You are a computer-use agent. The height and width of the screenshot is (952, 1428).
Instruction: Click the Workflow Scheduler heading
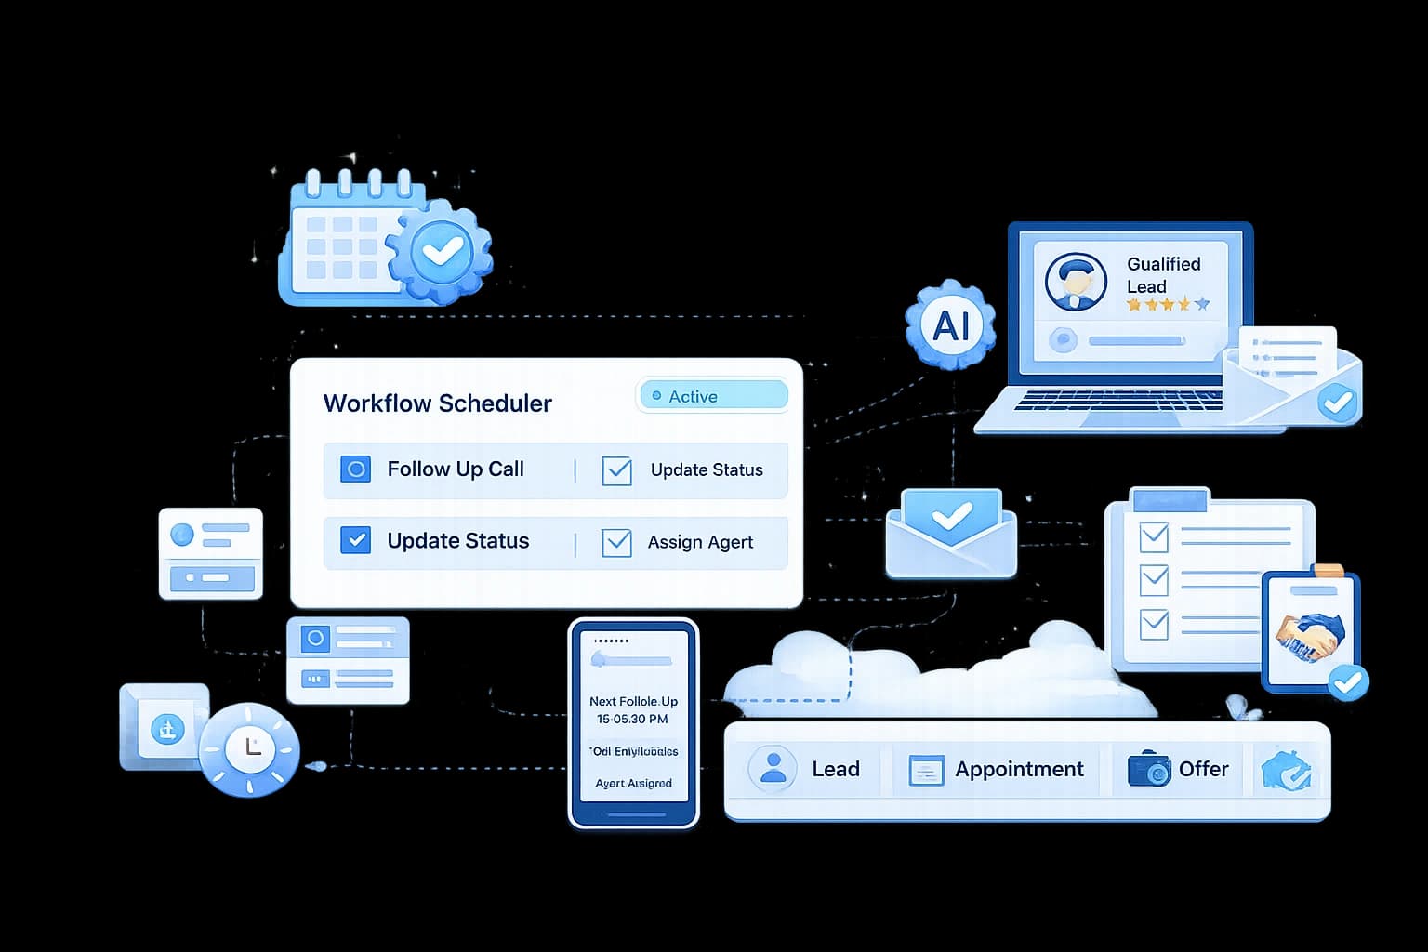click(437, 403)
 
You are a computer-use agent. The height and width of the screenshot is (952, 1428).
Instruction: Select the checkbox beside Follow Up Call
click(355, 469)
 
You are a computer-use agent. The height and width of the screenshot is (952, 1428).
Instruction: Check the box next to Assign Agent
click(616, 542)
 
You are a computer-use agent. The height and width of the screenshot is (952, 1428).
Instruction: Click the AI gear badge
click(950, 325)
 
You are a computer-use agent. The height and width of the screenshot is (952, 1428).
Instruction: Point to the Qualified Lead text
click(1163, 275)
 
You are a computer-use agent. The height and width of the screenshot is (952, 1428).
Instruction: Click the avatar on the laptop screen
click(1076, 281)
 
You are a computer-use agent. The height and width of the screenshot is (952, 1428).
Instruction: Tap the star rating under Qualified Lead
click(1168, 304)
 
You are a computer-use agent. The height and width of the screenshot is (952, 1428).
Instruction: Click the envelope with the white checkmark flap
click(951, 534)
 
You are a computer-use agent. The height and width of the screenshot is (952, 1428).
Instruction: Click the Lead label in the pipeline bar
click(835, 770)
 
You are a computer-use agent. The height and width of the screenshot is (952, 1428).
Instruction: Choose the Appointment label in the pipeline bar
click(1019, 770)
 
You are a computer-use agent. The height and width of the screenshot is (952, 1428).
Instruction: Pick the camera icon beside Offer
click(1149, 770)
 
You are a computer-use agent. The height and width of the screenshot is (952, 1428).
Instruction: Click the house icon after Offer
click(1286, 770)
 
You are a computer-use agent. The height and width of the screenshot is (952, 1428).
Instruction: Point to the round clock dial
click(249, 748)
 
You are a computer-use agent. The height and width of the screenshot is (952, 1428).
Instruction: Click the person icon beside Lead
click(773, 768)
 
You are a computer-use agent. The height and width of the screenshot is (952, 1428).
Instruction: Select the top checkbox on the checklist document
click(1154, 536)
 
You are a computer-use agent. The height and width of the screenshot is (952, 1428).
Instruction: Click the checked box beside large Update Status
click(355, 540)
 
